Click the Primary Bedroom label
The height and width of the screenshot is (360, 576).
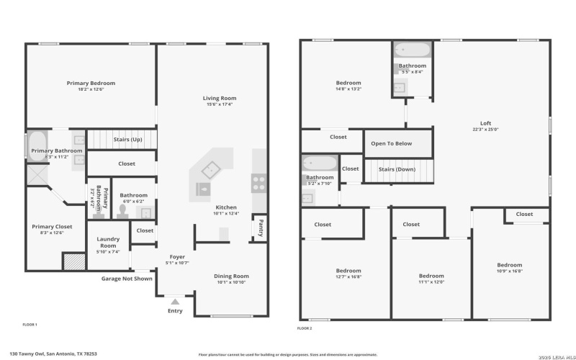(91, 84)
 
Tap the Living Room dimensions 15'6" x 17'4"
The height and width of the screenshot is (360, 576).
(219, 105)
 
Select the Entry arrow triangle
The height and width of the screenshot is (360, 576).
(175, 302)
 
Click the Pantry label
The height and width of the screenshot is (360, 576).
(260, 227)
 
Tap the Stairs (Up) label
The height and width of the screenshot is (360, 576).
(127, 139)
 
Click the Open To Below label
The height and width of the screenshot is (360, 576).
(392, 143)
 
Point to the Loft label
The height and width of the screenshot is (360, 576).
(486, 122)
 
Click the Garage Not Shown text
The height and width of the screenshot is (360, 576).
(126, 278)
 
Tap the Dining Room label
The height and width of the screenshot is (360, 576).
(231, 276)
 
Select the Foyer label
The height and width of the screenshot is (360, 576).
(177, 257)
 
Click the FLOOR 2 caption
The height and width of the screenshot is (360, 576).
(305, 328)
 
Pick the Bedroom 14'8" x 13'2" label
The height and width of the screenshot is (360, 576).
(348, 82)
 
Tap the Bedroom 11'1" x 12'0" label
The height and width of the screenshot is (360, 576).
(431, 276)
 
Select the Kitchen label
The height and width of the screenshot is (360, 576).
(225, 207)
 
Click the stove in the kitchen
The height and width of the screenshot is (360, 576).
(258, 183)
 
